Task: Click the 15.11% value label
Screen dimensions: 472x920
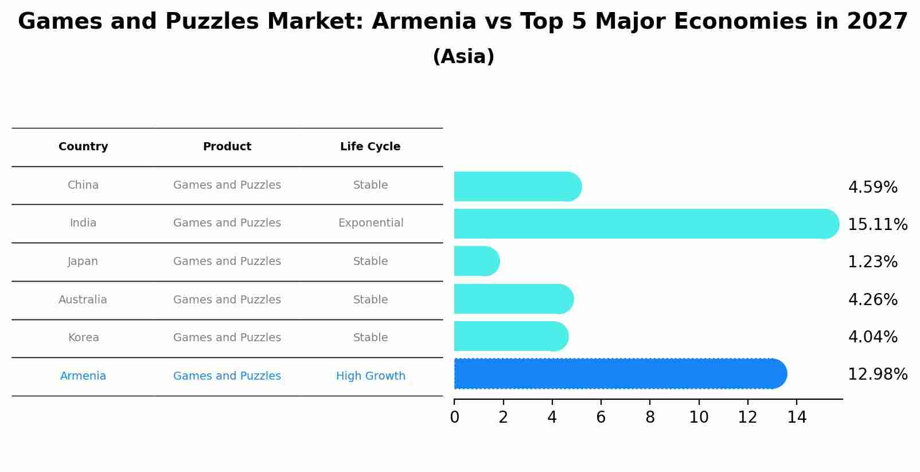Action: pos(878,225)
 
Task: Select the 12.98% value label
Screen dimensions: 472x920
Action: pos(878,375)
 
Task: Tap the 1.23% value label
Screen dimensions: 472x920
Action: pos(872,262)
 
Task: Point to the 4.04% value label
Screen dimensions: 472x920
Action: pos(872,337)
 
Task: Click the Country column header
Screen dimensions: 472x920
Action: pos(83,147)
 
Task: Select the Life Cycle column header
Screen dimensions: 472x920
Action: pos(371,147)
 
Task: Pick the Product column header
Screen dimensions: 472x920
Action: pos(227,147)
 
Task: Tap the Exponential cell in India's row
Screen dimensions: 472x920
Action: pos(371,223)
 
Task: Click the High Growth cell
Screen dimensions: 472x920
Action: pos(371,376)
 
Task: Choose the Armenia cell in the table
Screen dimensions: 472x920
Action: pos(83,376)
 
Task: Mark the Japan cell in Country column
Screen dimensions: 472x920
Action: pos(83,262)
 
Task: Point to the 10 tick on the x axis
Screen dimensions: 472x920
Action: pos(699,418)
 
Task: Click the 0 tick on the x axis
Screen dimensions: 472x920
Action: pos(454,418)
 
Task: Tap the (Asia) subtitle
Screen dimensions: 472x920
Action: pos(463,57)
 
